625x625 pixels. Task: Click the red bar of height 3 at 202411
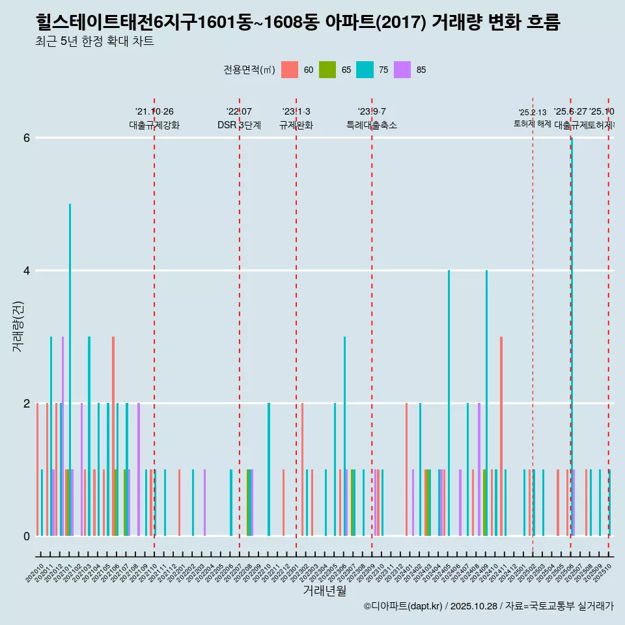click(501, 436)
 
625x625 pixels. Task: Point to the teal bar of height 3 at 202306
click(344, 436)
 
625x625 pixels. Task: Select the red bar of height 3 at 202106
click(113, 436)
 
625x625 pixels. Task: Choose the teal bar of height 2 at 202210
click(269, 469)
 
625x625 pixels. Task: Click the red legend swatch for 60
click(290, 70)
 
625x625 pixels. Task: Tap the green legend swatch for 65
click(327, 70)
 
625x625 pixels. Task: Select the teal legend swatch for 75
click(365, 70)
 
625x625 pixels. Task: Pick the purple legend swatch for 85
click(402, 70)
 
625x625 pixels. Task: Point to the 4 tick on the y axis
click(27, 270)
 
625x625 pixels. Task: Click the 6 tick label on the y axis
click(27, 138)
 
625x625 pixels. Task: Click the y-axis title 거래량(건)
click(18, 326)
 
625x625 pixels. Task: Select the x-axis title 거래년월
click(324, 590)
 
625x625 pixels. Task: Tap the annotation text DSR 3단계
click(239, 125)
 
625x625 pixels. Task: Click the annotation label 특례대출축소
click(371, 125)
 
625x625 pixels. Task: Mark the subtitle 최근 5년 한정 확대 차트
click(95, 42)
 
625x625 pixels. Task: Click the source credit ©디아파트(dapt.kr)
click(403, 606)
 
